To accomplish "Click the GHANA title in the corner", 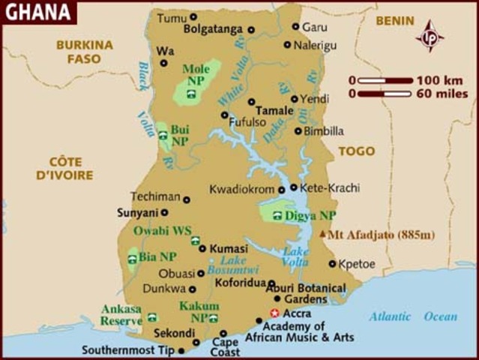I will point(37,11).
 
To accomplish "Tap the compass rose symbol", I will point(430,35).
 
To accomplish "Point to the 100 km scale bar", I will point(385,80).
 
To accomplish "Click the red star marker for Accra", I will point(274,313).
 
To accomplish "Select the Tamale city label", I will point(274,110).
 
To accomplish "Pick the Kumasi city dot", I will point(202,248).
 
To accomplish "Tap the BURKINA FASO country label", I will point(84,51).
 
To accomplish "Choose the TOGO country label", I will point(356,151).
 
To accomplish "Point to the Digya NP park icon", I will point(277,216).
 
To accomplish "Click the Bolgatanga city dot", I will point(251,30).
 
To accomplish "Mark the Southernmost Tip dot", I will point(181,350).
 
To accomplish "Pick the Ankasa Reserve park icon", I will point(152,317).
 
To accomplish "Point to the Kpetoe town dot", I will point(332,263).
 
